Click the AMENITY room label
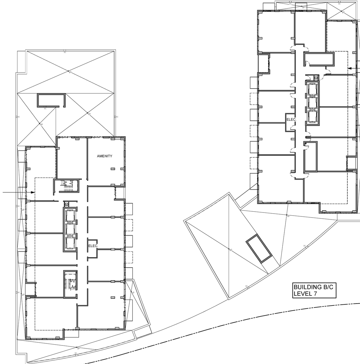tap(105, 156)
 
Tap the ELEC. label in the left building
tap(93, 246)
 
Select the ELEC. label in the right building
tap(291, 119)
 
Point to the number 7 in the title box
tap(313, 294)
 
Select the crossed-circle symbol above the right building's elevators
tap(316, 78)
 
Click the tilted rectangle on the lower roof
tap(259, 248)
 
